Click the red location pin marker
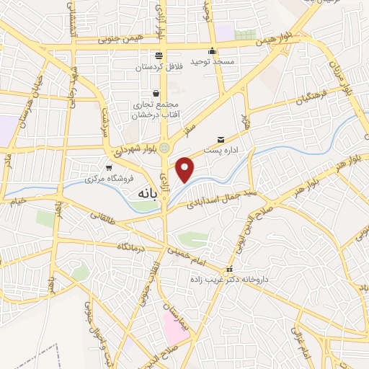pyautogui.click(x=186, y=169)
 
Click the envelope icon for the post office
pyautogui.click(x=221, y=138)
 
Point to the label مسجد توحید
pyautogui.click(x=213, y=63)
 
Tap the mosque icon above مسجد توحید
pyautogui.click(x=212, y=50)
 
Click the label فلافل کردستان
pyautogui.click(x=158, y=68)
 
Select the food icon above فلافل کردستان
pyautogui.click(x=159, y=55)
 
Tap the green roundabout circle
pyautogui.click(x=165, y=148)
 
